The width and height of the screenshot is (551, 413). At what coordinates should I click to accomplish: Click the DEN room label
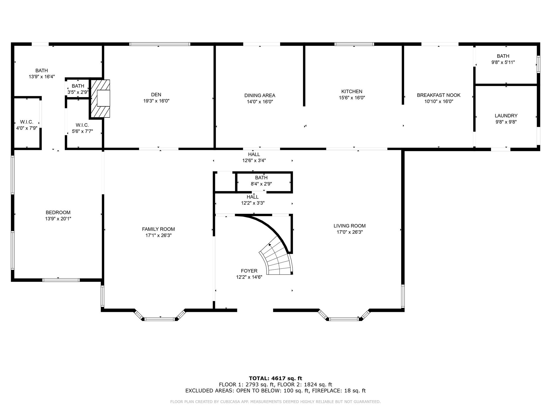pyautogui.click(x=156, y=95)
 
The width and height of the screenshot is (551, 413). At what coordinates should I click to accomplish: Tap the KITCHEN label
pyautogui.click(x=352, y=91)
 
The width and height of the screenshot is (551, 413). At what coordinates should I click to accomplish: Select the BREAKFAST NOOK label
pyautogui.click(x=439, y=95)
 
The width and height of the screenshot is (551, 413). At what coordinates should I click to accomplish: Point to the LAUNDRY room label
pyautogui.click(x=506, y=116)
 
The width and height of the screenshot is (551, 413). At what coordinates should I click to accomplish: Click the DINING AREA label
pyautogui.click(x=260, y=95)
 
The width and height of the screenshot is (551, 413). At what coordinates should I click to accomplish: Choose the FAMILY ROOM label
pyautogui.click(x=158, y=229)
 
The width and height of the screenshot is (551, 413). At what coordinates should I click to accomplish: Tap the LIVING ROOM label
pyautogui.click(x=349, y=226)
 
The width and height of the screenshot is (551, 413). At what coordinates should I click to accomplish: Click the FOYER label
pyautogui.click(x=249, y=271)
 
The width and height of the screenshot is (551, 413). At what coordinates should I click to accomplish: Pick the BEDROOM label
pyautogui.click(x=58, y=212)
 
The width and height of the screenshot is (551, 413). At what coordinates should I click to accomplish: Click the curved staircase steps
pyautogui.click(x=277, y=258)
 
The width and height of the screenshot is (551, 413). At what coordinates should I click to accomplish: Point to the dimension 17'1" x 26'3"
pyautogui.click(x=158, y=235)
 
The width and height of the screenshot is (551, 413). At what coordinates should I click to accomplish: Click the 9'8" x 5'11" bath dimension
pyautogui.click(x=503, y=62)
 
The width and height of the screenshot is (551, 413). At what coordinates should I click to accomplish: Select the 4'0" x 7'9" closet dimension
pyautogui.click(x=27, y=128)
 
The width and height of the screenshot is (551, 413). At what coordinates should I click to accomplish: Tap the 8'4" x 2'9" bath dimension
pyautogui.click(x=261, y=184)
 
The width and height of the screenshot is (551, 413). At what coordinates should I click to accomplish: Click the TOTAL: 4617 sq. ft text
pyautogui.click(x=275, y=379)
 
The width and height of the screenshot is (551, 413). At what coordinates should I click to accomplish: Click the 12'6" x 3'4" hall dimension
pyautogui.click(x=254, y=161)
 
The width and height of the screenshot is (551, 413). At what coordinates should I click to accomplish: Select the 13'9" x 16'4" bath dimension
pyautogui.click(x=42, y=77)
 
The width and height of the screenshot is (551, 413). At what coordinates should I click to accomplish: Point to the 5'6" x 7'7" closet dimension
pyautogui.click(x=82, y=131)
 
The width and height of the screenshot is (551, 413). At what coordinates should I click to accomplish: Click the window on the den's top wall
pyautogui.click(x=160, y=44)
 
